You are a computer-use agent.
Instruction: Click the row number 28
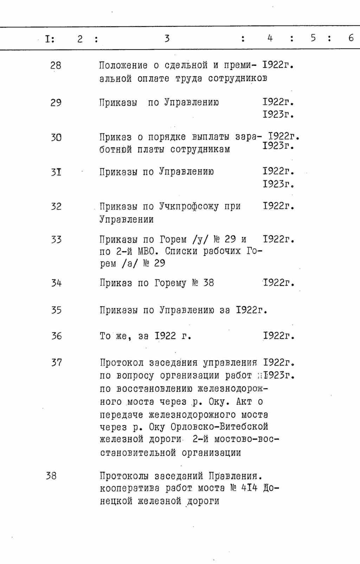(x=56, y=65)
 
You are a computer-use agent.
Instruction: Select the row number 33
(x=56, y=240)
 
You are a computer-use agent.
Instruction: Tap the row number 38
(x=51, y=476)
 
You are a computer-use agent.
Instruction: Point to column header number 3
(x=167, y=38)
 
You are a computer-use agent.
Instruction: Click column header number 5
(x=313, y=38)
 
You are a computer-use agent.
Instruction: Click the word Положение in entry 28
(x=123, y=65)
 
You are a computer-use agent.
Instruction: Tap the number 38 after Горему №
(x=208, y=283)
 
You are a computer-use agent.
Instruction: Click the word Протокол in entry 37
(x=122, y=363)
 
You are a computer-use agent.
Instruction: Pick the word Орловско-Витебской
(x=219, y=427)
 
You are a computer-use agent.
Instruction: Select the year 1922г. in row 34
(x=278, y=283)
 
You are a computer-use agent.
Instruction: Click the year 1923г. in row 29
(x=278, y=114)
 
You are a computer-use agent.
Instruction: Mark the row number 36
(x=56, y=336)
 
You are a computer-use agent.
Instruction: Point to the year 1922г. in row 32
(x=278, y=206)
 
